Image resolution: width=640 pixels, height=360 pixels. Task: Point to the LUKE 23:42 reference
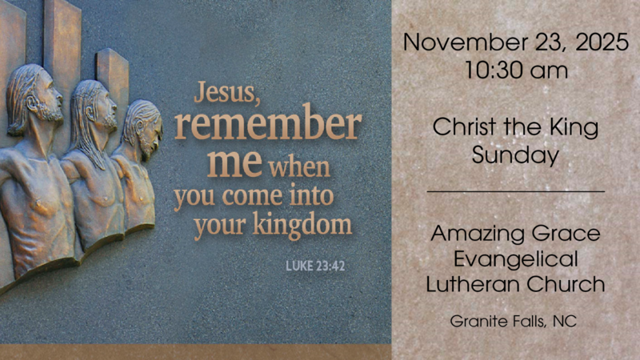point(315,266)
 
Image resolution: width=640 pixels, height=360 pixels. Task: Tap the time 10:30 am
point(516,70)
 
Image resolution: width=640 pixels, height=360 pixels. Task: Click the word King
point(574,126)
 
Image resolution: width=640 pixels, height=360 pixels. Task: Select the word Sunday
point(515,154)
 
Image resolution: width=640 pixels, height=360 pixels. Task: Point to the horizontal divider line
point(515,192)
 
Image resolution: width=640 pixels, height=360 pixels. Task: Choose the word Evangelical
point(515,259)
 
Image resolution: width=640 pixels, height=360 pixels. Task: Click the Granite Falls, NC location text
point(513,322)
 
